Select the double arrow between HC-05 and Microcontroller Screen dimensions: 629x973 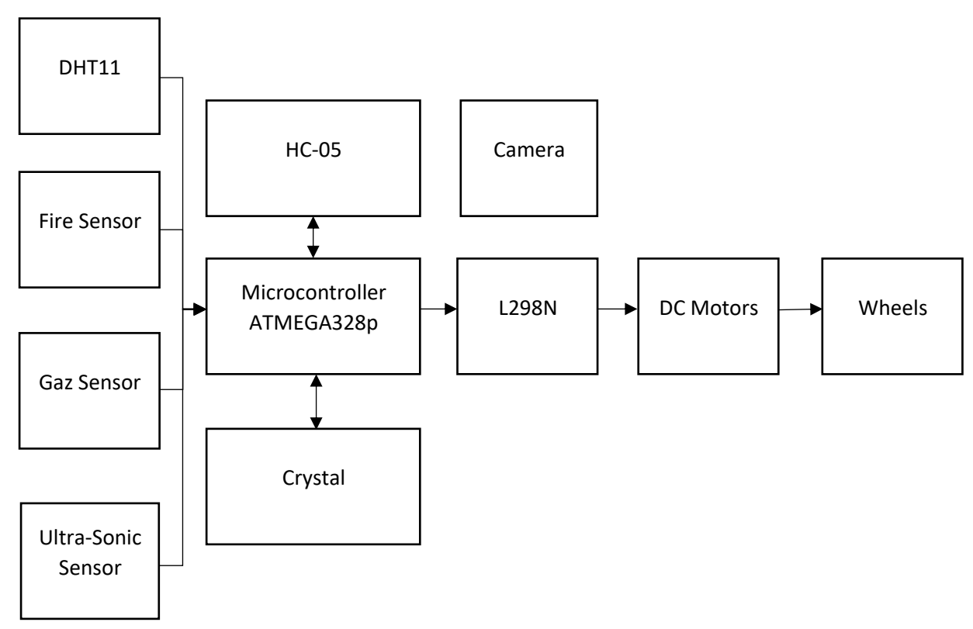313,237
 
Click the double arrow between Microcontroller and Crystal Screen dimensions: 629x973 315,402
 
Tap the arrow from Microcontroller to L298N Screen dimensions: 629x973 438,310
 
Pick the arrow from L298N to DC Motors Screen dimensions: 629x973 617,310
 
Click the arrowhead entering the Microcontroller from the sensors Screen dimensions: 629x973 200,310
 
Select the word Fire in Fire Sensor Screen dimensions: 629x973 57,222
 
